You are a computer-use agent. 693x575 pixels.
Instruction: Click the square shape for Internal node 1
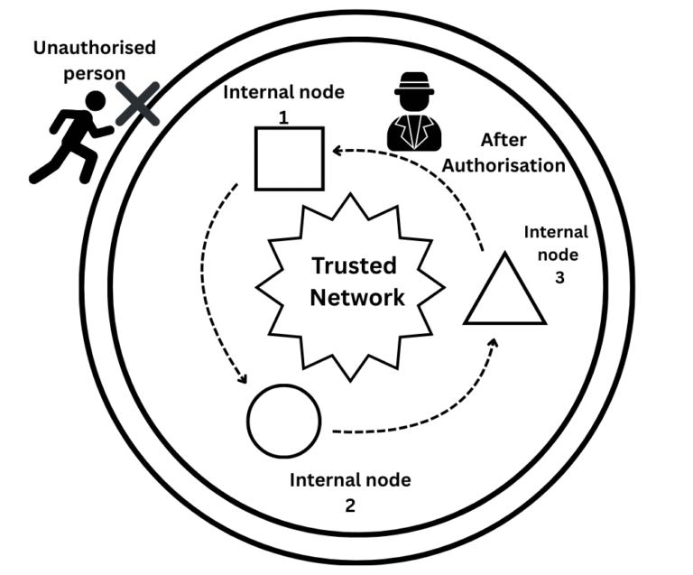pos(289,158)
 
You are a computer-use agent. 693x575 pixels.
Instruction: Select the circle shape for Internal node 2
pos(283,422)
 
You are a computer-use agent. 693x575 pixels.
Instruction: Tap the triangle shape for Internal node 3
pos(504,293)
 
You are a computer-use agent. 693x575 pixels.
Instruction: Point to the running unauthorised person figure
pos(72,135)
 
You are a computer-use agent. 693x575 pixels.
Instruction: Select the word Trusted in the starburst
pos(353,266)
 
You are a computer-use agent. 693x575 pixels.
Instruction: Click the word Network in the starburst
pos(358,297)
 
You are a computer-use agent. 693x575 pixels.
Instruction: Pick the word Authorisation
pos(511,165)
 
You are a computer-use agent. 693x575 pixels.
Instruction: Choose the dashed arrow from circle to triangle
pos(424,406)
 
